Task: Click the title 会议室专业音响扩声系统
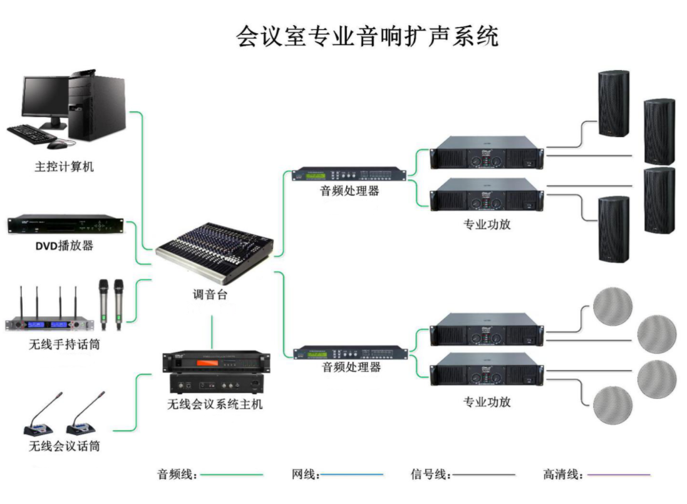tap(367, 36)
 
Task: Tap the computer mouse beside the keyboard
tap(57, 145)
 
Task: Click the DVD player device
tap(65, 224)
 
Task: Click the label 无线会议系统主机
tap(215, 404)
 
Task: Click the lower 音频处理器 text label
tap(351, 368)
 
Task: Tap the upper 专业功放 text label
tap(487, 224)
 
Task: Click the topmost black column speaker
tap(613, 103)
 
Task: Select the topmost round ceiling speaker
tap(612, 307)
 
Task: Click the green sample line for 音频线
tap(232, 475)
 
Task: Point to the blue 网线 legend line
tap(352, 475)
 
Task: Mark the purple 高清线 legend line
tap(619, 475)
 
